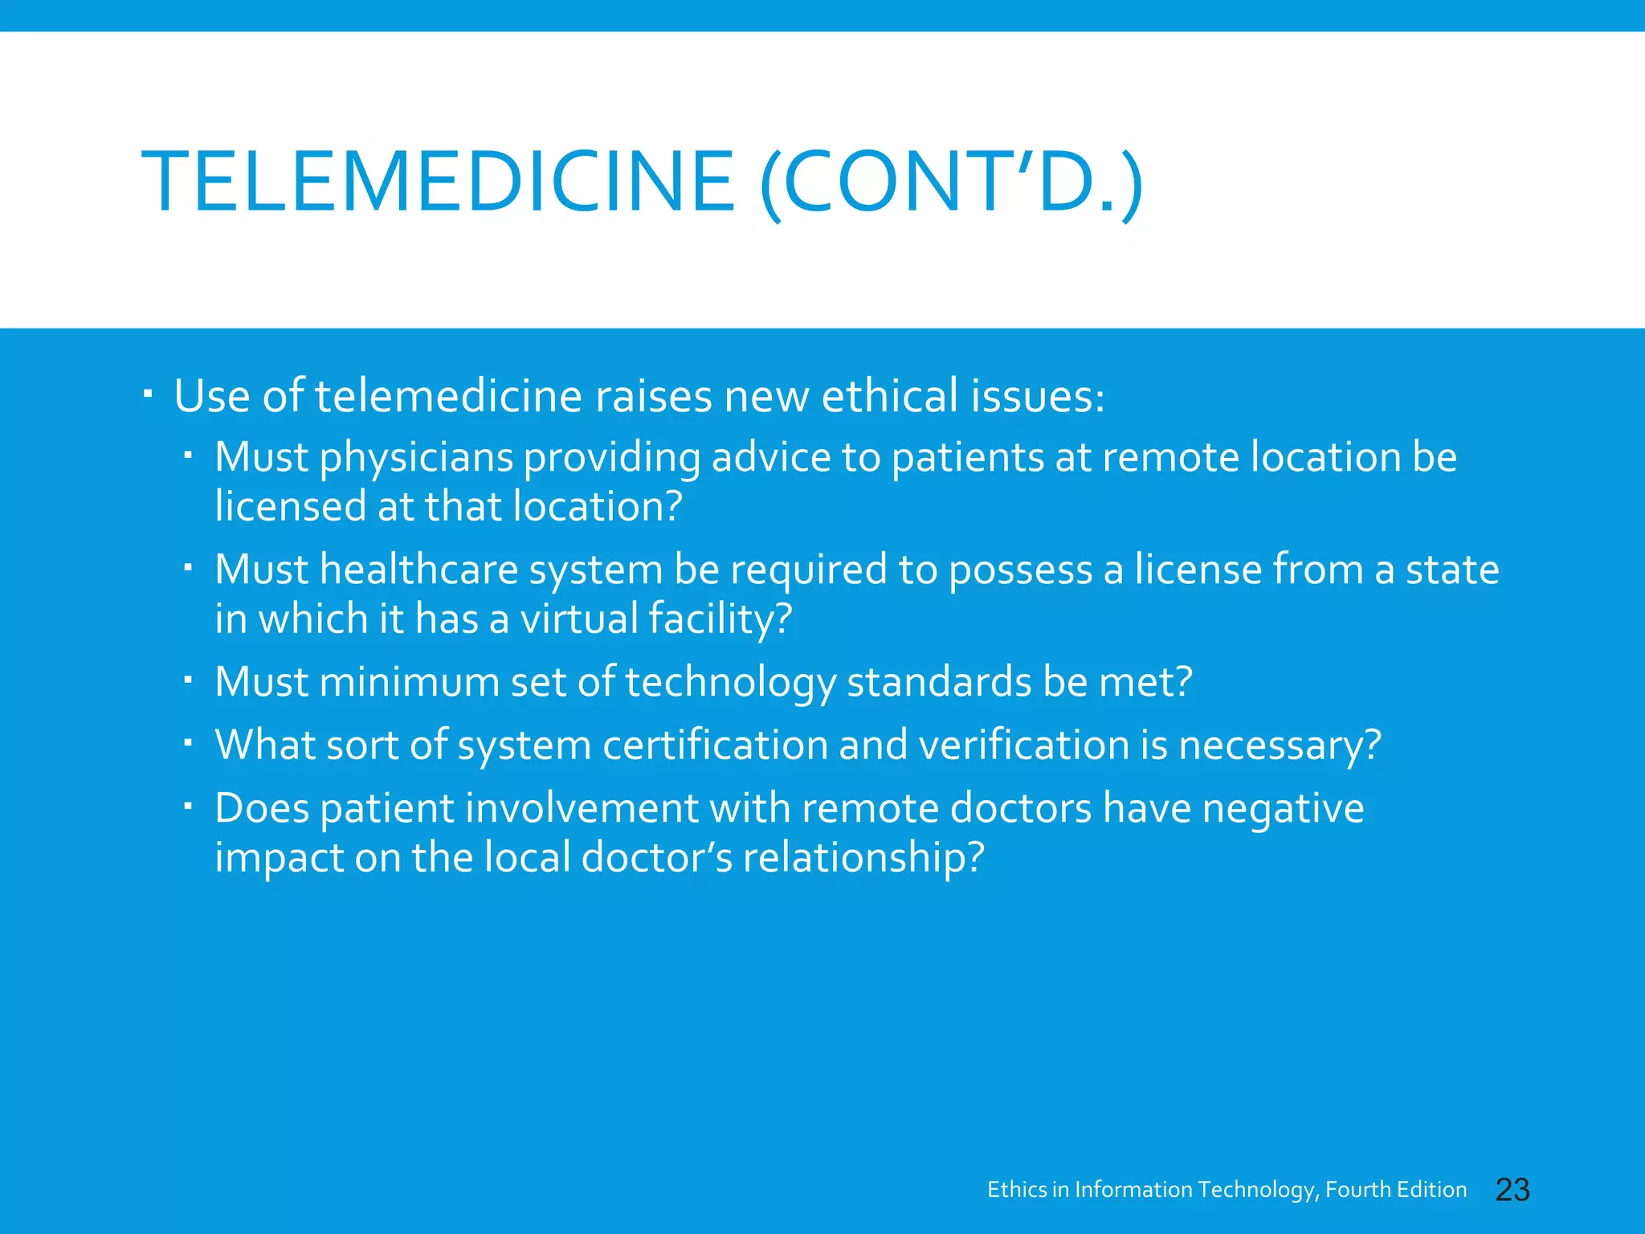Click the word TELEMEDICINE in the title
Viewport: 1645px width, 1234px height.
coord(438,182)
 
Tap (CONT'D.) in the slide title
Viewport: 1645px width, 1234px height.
coord(952,182)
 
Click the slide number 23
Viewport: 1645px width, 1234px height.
coord(1512,1190)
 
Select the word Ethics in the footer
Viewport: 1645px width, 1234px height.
coord(1017,1190)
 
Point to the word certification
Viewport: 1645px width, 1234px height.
coord(715,745)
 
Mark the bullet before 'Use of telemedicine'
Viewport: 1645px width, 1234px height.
coord(149,395)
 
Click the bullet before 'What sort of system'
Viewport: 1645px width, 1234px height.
coord(188,744)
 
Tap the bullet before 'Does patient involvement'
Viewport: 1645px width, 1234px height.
coord(188,807)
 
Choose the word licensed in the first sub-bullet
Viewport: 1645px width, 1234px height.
coord(290,507)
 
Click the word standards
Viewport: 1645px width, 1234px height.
coord(939,682)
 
